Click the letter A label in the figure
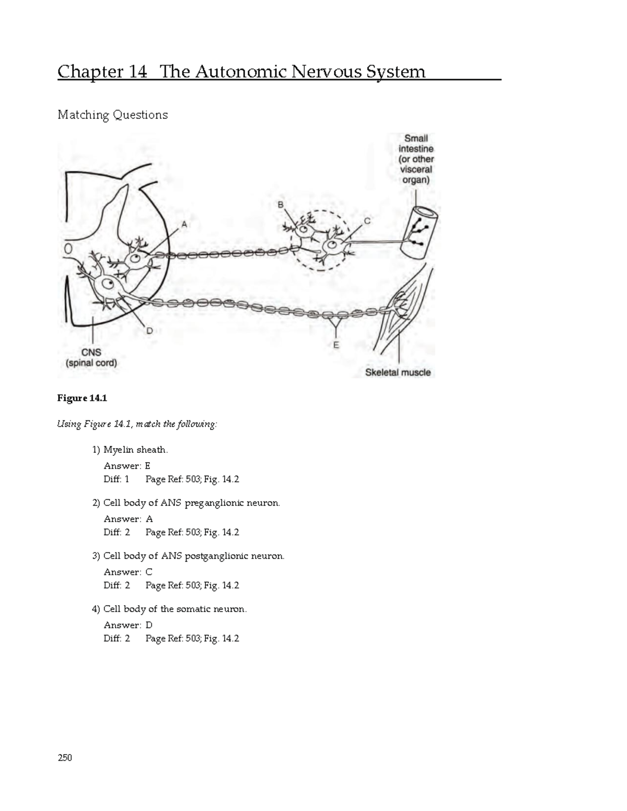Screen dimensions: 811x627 click(x=183, y=225)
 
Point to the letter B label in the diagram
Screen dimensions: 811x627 click(x=281, y=205)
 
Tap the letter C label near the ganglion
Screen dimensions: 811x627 click(x=367, y=221)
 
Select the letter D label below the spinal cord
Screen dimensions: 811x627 click(x=149, y=331)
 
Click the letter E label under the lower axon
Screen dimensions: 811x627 click(x=336, y=345)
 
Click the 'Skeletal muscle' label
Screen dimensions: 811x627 click(x=398, y=372)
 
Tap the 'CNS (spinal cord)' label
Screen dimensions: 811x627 click(x=91, y=358)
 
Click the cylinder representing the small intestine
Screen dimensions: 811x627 click(x=419, y=232)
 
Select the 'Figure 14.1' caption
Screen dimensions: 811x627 click(x=82, y=398)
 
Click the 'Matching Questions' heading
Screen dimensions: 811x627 click(x=112, y=115)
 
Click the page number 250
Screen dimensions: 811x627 click(x=64, y=758)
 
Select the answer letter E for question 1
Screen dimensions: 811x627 click(x=147, y=466)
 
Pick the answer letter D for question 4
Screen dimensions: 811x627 click(x=149, y=625)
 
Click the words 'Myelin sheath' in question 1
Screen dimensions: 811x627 click(x=135, y=450)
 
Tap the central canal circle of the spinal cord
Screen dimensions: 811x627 click(x=68, y=250)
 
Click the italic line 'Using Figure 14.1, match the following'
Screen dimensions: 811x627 click(x=136, y=424)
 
